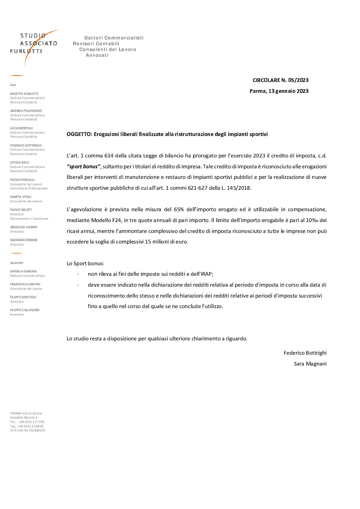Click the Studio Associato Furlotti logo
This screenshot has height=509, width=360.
[x=34, y=46]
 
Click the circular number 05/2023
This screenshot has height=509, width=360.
[x=298, y=80]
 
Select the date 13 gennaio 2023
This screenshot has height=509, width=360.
[x=288, y=91]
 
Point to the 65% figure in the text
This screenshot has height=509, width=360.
[x=179, y=209]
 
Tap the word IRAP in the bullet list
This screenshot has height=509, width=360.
[x=205, y=274]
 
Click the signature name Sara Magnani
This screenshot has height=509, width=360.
[x=310, y=364]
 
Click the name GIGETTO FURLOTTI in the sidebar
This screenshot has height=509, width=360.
[x=24, y=94]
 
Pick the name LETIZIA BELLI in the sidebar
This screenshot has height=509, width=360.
[x=20, y=163]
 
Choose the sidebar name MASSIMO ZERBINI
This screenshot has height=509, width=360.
[x=24, y=240]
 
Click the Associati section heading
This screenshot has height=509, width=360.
[x=17, y=263]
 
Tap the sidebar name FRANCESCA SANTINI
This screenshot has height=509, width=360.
[x=25, y=284]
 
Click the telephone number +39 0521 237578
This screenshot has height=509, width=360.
[x=31, y=422]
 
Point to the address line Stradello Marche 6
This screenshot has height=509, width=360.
[x=24, y=418]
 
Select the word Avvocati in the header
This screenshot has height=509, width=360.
[x=97, y=55]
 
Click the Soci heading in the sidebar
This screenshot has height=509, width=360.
[x=13, y=85]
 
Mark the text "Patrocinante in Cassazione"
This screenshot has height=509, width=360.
[x=29, y=219]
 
